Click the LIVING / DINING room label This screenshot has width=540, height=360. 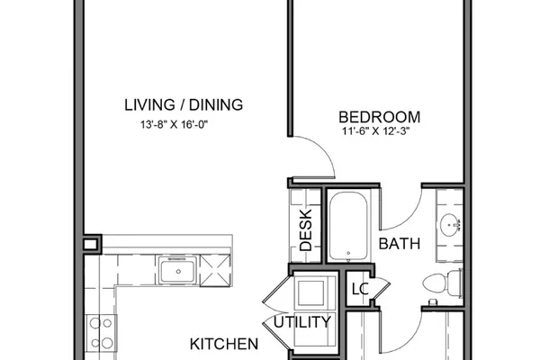point(184,104)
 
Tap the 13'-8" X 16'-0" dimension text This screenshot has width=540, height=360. point(175,124)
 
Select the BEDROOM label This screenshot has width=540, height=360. point(379,117)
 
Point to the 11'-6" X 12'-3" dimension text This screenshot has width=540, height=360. point(375,131)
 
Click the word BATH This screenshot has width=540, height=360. point(400,244)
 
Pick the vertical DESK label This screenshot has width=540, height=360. point(306,230)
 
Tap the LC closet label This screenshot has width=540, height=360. point(360,289)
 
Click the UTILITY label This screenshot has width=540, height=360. point(302,322)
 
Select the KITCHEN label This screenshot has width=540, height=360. point(224,344)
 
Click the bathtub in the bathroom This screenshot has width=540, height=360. point(347,226)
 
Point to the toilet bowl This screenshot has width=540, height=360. point(435,283)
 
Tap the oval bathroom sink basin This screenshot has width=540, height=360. point(449,225)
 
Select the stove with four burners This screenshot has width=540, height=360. point(101,333)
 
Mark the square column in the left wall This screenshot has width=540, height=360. point(92,245)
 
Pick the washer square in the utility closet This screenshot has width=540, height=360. point(310,293)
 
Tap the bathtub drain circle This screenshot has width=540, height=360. point(348,253)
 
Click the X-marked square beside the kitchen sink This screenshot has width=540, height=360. point(215,270)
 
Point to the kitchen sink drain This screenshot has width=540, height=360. point(178,272)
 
